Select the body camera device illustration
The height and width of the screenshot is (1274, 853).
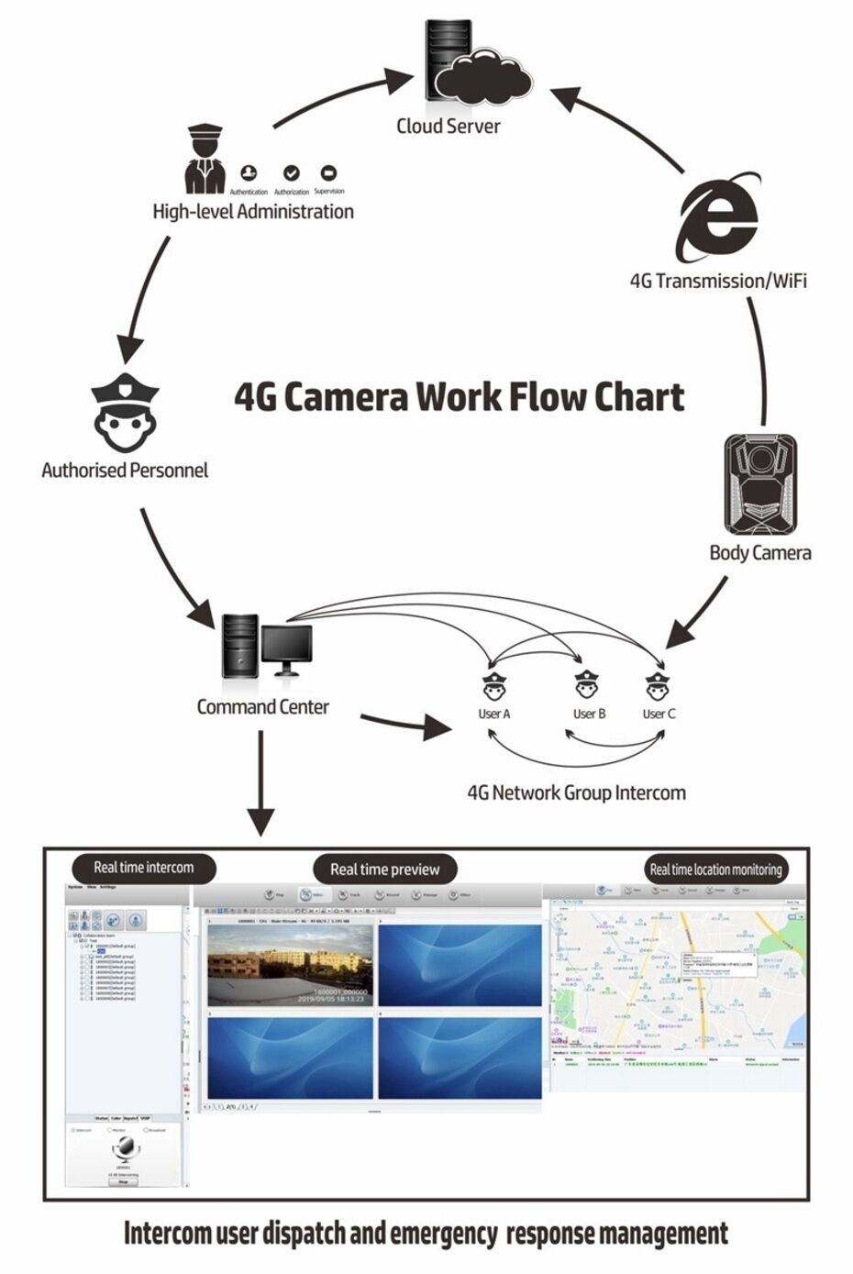760,484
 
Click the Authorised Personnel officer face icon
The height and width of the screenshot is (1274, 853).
125,412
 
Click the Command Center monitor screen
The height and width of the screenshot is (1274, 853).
285,646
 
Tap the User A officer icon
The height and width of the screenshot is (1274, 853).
493,687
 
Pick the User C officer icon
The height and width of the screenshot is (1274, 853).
658,687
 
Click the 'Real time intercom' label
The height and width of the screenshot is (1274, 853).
144,868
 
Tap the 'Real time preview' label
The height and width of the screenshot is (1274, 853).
385,870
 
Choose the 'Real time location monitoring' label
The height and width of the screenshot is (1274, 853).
715,870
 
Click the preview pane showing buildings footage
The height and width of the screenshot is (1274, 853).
291,965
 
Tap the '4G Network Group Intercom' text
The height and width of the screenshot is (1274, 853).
576,793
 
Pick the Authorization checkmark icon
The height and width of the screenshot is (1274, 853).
292,173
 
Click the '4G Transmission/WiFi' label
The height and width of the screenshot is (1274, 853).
718,281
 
